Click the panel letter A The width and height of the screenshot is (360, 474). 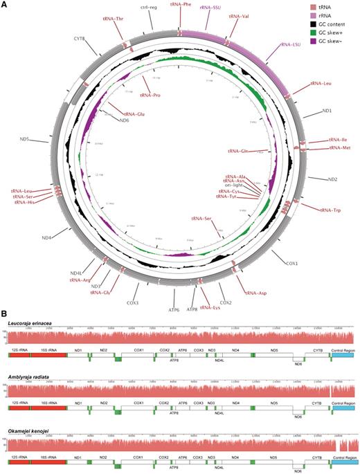(5, 4)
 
